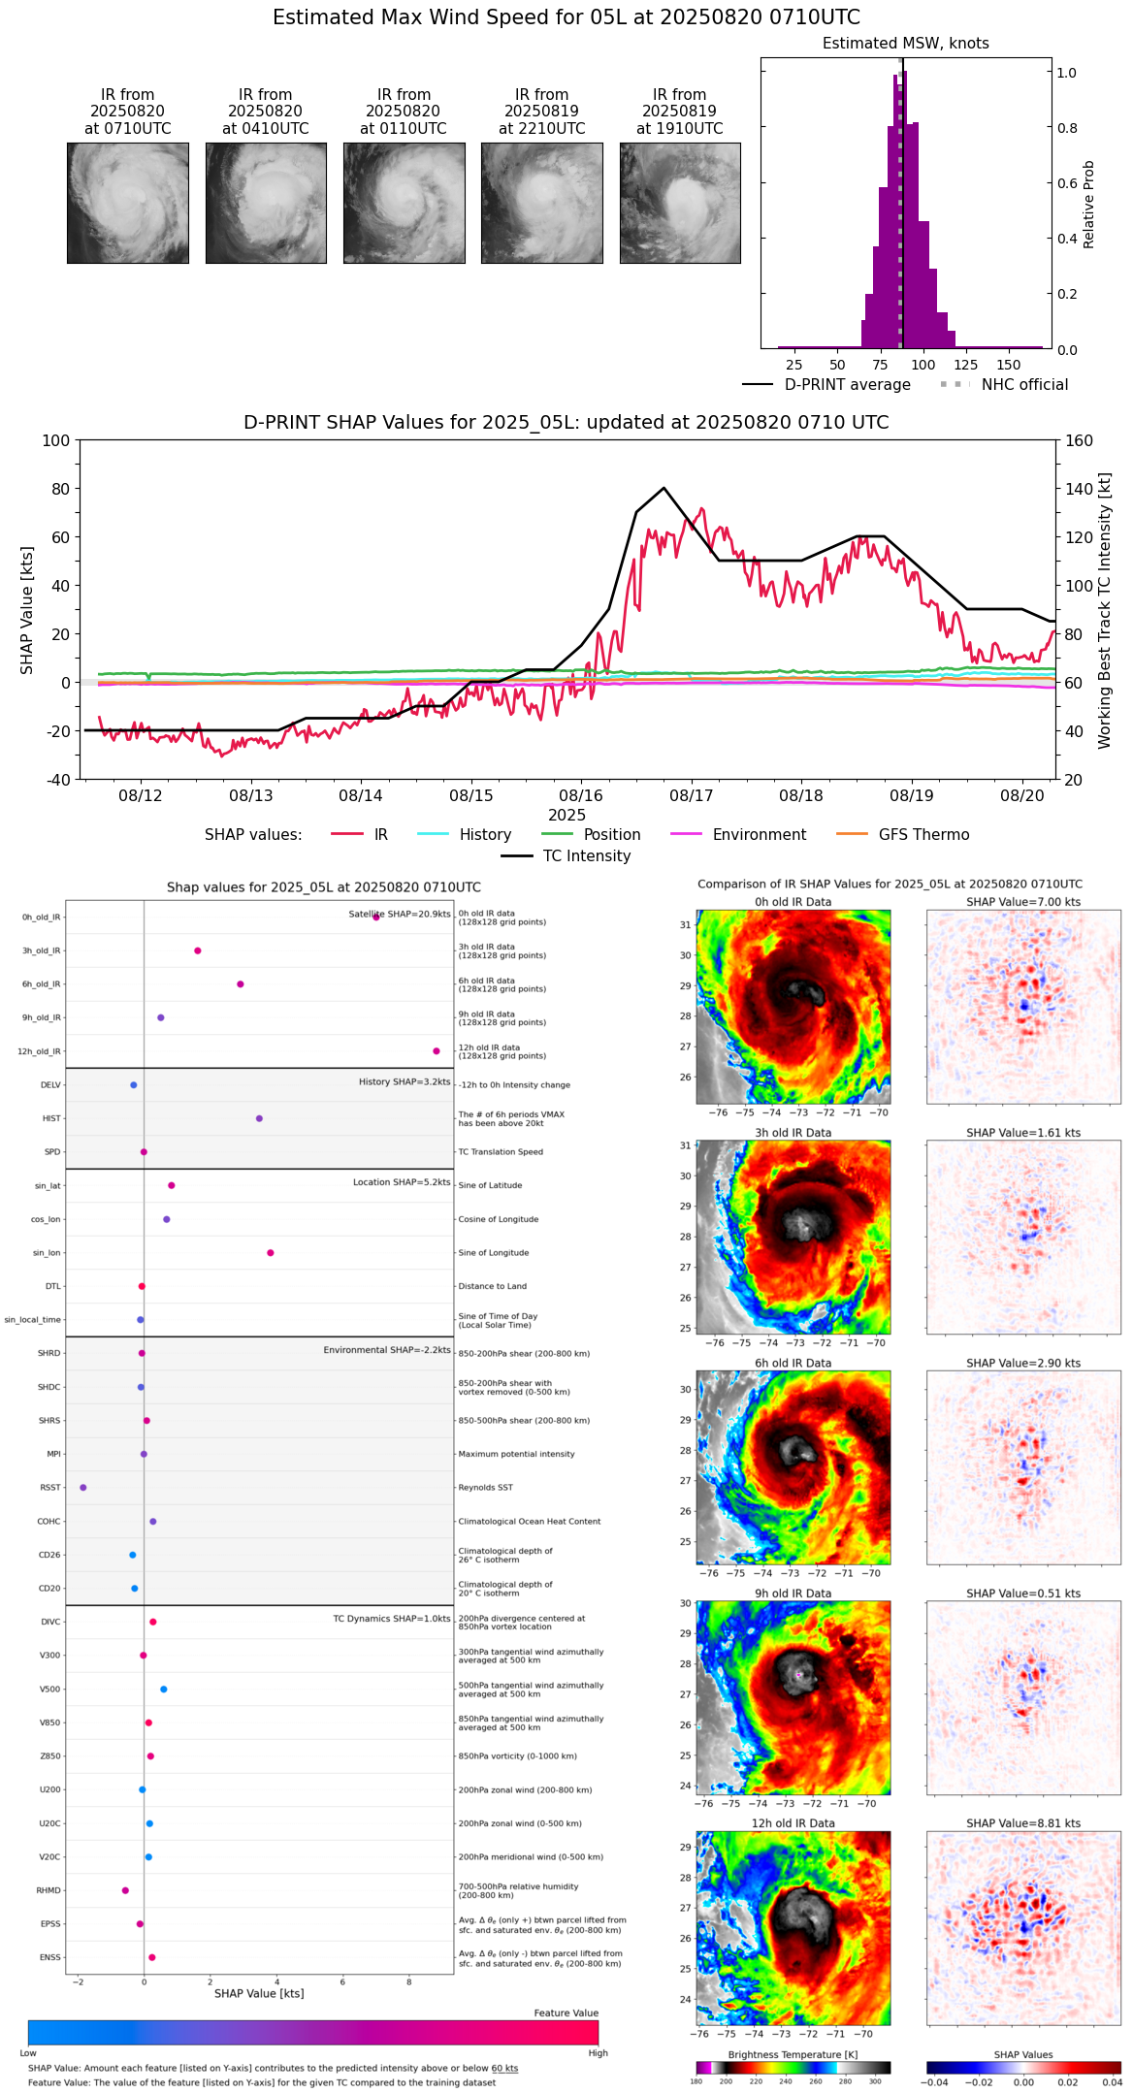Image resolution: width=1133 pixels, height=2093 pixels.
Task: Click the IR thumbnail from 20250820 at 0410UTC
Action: [x=266, y=203]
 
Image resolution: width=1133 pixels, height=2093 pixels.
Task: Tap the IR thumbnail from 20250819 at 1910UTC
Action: [x=680, y=203]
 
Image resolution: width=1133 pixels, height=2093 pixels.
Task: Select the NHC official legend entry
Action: [x=1023, y=385]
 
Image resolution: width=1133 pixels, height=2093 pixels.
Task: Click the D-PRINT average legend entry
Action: [x=847, y=385]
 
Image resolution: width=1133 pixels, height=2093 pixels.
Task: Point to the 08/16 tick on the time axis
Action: [x=581, y=795]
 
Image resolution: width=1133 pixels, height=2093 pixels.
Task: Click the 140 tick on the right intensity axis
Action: [x=1079, y=489]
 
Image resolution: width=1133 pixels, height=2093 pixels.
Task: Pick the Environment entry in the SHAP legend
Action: [x=759, y=835]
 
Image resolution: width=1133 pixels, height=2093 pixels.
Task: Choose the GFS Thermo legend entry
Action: [x=923, y=835]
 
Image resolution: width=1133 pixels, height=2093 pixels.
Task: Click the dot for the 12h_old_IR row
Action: [x=437, y=1051]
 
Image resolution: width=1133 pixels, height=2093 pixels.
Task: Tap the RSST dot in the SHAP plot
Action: [x=83, y=1488]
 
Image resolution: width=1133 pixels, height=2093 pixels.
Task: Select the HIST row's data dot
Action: [x=259, y=1118]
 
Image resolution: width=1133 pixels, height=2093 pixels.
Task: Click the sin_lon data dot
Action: [x=271, y=1253]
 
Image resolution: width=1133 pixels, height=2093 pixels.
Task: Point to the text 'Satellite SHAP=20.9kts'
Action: [x=400, y=914]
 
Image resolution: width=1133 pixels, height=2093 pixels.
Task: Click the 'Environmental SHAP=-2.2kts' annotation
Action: [x=387, y=1350]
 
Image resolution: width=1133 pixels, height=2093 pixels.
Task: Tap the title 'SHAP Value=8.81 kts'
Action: [x=1023, y=1823]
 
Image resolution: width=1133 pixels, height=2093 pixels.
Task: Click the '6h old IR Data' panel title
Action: [x=793, y=1363]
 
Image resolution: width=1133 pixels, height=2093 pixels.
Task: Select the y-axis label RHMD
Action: [x=49, y=1890]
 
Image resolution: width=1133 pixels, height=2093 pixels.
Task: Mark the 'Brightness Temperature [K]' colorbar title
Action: [x=793, y=2054]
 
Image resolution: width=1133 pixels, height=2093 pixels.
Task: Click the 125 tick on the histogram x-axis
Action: [x=965, y=365]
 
